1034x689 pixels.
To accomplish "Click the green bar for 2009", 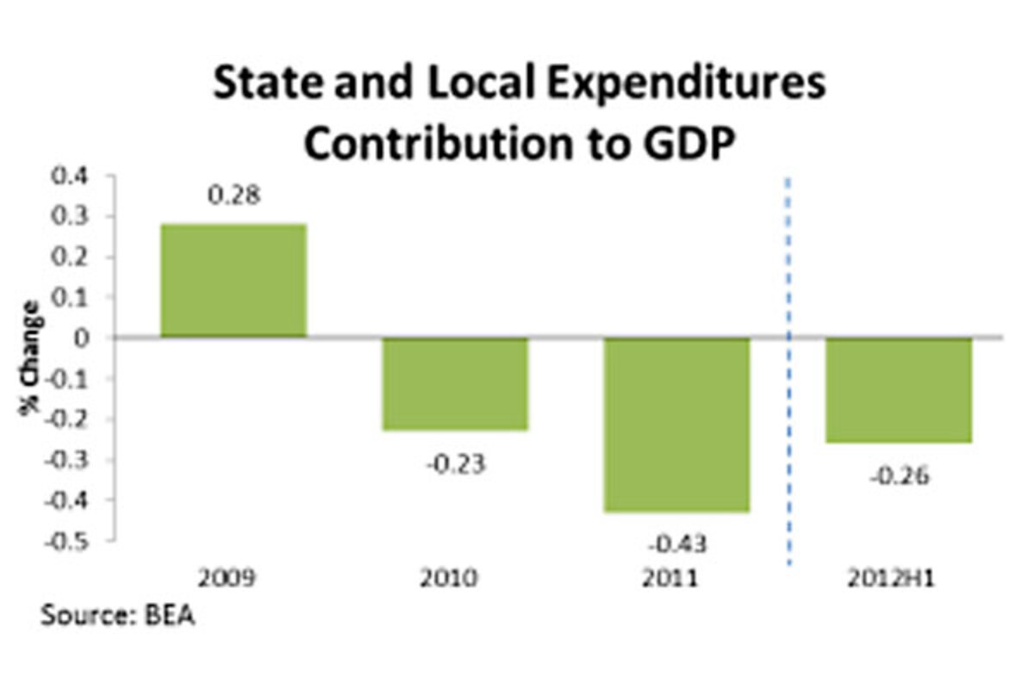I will [x=234, y=280].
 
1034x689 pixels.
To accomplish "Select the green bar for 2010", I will [x=455, y=383].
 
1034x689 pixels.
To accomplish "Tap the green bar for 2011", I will [x=676, y=425].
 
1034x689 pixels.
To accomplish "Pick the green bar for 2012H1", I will [x=900, y=390].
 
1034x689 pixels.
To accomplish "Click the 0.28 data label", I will [x=234, y=196].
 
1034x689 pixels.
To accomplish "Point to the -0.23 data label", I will [x=455, y=464].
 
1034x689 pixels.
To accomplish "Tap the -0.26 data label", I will [x=900, y=476].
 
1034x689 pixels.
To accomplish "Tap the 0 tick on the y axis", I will [x=83, y=338].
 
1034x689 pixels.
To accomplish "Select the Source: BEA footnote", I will [x=117, y=617].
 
